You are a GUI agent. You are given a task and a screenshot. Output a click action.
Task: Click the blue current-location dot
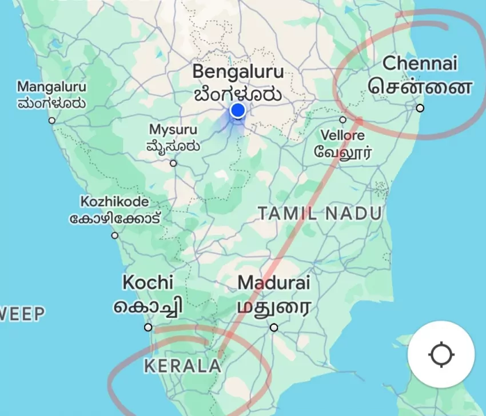(x=238, y=110)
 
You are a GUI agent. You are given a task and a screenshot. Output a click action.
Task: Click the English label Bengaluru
(x=238, y=71)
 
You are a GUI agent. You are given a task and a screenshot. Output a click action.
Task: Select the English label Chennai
(x=420, y=63)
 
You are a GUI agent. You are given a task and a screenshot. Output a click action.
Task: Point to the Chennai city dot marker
(x=420, y=108)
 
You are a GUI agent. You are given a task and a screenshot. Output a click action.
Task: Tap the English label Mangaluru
(x=51, y=87)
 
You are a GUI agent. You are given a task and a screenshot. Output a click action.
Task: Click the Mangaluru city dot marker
(x=52, y=121)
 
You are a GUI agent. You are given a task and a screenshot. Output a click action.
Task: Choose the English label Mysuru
(x=173, y=130)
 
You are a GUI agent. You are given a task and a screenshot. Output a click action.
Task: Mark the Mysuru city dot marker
(x=173, y=163)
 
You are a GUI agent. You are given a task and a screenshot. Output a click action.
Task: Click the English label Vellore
(x=342, y=136)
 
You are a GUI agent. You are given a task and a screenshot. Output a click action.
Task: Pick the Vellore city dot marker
(x=343, y=119)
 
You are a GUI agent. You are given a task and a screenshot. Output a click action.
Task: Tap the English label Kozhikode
(x=114, y=202)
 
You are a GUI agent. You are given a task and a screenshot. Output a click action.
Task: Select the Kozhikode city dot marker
(x=115, y=235)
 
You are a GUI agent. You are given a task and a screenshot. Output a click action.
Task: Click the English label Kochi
(x=148, y=282)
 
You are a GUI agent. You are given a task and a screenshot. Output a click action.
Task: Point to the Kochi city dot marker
(x=148, y=327)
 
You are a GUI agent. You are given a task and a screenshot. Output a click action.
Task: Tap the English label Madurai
(x=274, y=282)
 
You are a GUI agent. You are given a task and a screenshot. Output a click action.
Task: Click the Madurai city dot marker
(x=274, y=327)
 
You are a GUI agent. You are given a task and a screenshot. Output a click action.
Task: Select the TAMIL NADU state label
(x=320, y=214)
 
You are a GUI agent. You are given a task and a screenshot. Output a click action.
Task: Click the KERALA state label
(x=182, y=366)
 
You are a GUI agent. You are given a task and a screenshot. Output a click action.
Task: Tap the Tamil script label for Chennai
(x=420, y=87)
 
